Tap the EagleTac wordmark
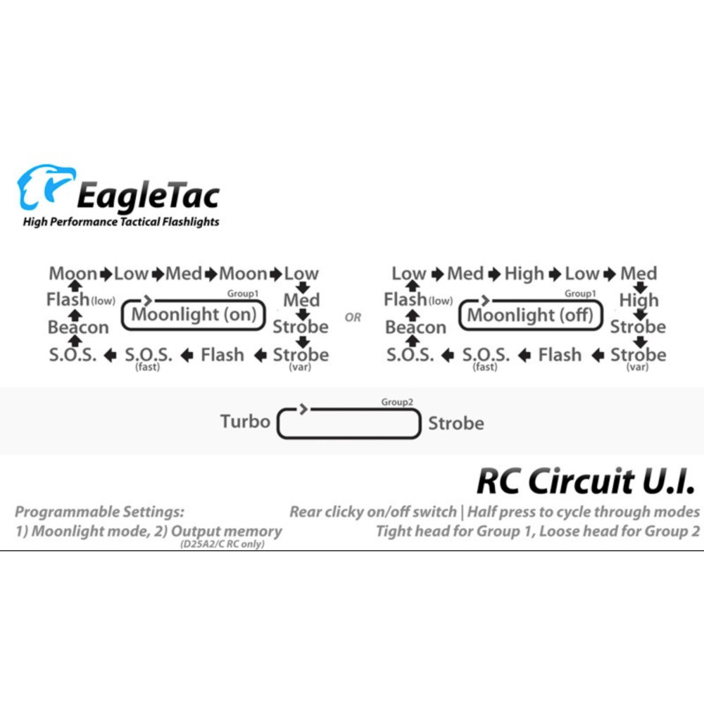tap(148, 196)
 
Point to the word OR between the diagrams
tap(353, 318)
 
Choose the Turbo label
tap(245, 422)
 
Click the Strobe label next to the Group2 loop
tap(456, 423)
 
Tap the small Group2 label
tap(397, 402)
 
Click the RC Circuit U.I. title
tap(586, 480)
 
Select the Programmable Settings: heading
tap(99, 511)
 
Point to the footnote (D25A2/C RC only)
tap(222, 544)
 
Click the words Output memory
tap(226, 531)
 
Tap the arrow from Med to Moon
tap(210, 274)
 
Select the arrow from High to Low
tap(555, 274)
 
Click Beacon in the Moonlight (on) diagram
tap(78, 327)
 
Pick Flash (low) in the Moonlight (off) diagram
tap(418, 299)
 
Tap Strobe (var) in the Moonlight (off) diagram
tap(638, 358)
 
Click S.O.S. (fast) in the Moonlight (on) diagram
tap(148, 358)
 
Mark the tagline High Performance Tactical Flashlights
tap(121, 222)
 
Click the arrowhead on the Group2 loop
tap(304, 408)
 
